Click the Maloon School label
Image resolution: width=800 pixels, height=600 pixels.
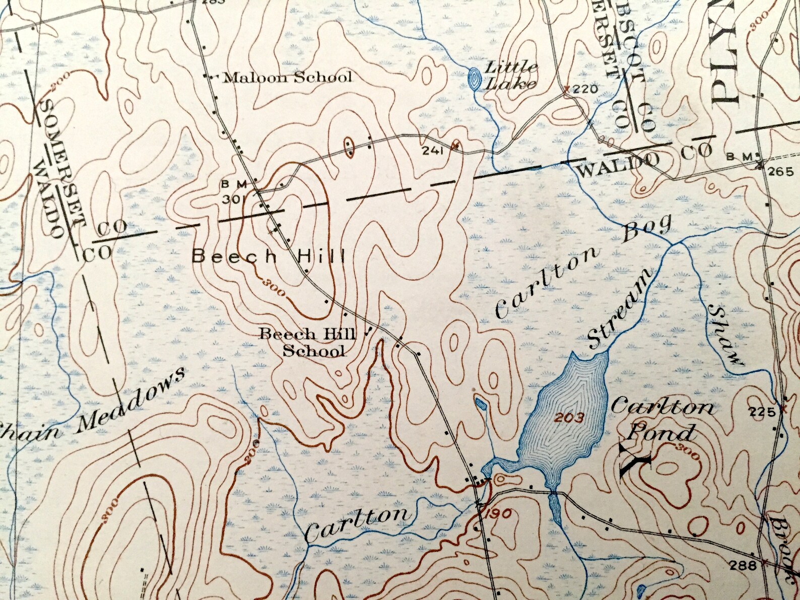pos(287,77)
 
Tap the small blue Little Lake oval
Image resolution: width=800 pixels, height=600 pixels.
pos(474,78)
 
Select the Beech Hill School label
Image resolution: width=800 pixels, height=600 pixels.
pos(307,342)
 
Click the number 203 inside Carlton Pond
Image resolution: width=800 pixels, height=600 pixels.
pos(570,417)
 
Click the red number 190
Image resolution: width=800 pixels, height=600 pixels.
pos(499,513)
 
